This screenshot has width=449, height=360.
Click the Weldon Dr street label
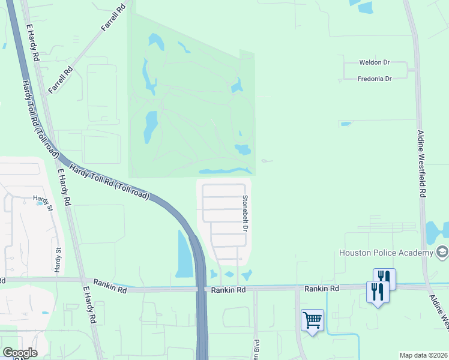tap(375, 62)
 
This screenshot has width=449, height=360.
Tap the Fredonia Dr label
tap(375, 79)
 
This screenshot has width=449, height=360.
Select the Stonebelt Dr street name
tap(246, 213)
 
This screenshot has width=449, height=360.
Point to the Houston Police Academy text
tap(386, 253)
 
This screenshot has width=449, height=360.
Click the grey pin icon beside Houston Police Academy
tap(442, 252)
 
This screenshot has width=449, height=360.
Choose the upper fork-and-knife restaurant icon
tap(384, 278)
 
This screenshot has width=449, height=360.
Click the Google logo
tap(20, 353)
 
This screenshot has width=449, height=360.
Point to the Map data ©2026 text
tap(423, 355)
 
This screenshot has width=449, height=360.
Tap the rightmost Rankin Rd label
tap(321, 289)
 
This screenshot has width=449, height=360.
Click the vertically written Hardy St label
tap(58, 260)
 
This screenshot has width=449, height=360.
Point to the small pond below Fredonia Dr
tap(345, 124)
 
